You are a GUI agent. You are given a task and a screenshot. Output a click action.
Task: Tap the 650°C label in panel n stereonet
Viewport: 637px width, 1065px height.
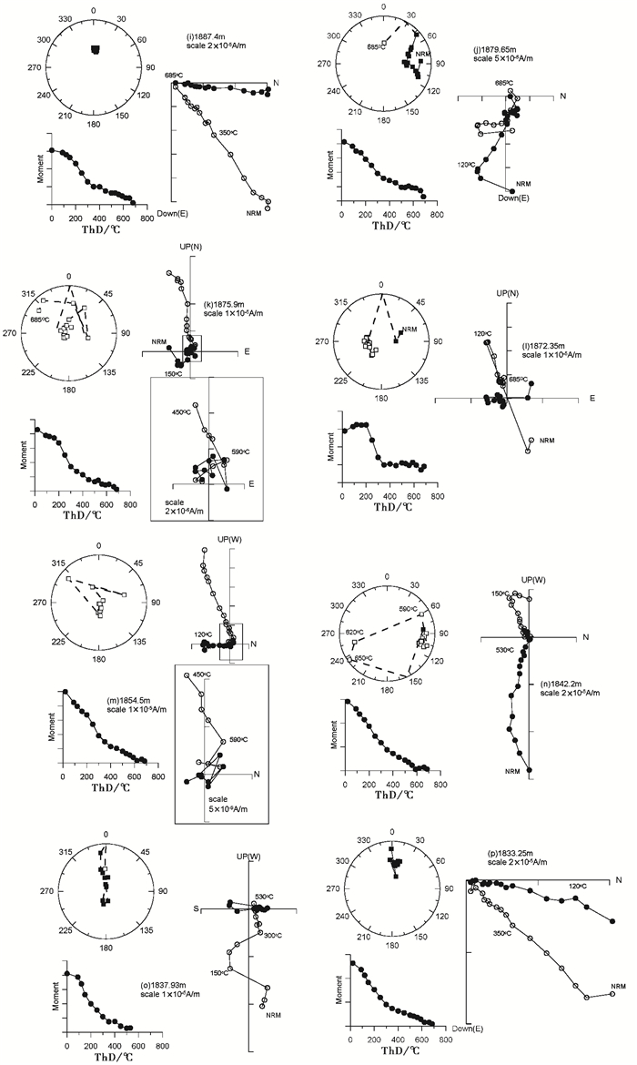click(x=360, y=658)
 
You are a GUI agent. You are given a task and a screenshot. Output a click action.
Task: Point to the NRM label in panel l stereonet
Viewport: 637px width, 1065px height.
click(x=411, y=329)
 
